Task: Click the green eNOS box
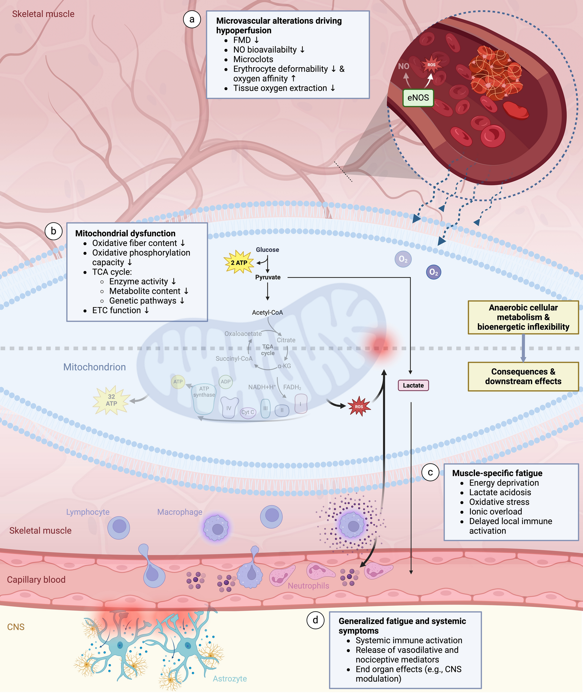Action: point(418,98)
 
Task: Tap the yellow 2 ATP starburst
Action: point(239,262)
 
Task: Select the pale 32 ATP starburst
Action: point(112,400)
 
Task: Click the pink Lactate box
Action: point(413,385)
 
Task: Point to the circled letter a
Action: point(192,19)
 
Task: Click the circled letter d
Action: point(315,620)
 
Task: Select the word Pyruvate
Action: point(268,277)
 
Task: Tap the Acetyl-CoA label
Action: point(267,313)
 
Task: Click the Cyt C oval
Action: point(248,412)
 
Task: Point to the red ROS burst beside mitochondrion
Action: point(359,406)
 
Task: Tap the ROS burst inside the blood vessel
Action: point(431,65)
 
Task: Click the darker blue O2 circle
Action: point(433,272)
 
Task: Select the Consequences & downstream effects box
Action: point(523,376)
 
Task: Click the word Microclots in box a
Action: point(253,60)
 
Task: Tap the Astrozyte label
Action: point(230,679)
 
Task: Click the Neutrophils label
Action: point(308,586)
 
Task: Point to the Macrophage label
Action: point(180,512)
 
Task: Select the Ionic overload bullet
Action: point(495,512)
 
